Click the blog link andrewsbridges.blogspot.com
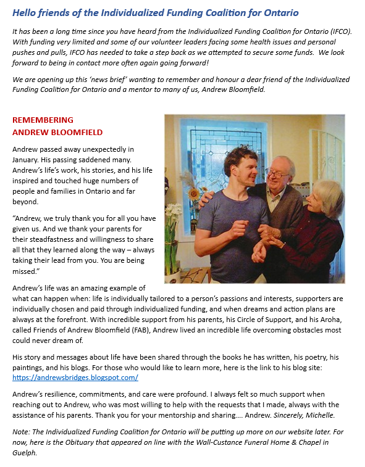75,378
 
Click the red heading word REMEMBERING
43,120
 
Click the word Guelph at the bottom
26,453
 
